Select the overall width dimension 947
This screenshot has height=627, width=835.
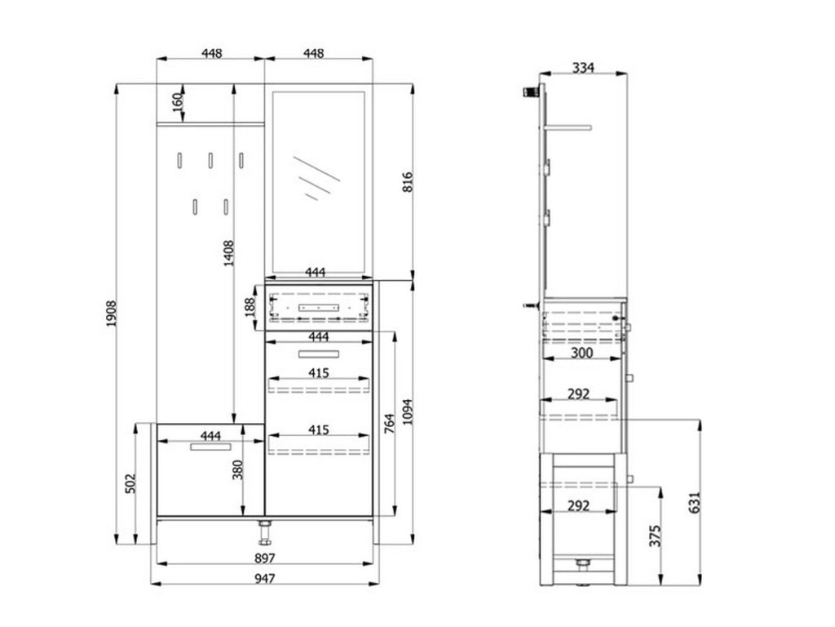click(263, 578)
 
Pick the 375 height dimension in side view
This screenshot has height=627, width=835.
click(657, 536)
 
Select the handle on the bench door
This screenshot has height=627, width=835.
click(211, 447)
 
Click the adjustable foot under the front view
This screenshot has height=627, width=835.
click(264, 533)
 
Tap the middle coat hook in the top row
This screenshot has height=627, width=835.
click(210, 161)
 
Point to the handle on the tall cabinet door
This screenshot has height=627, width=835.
click(319, 353)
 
